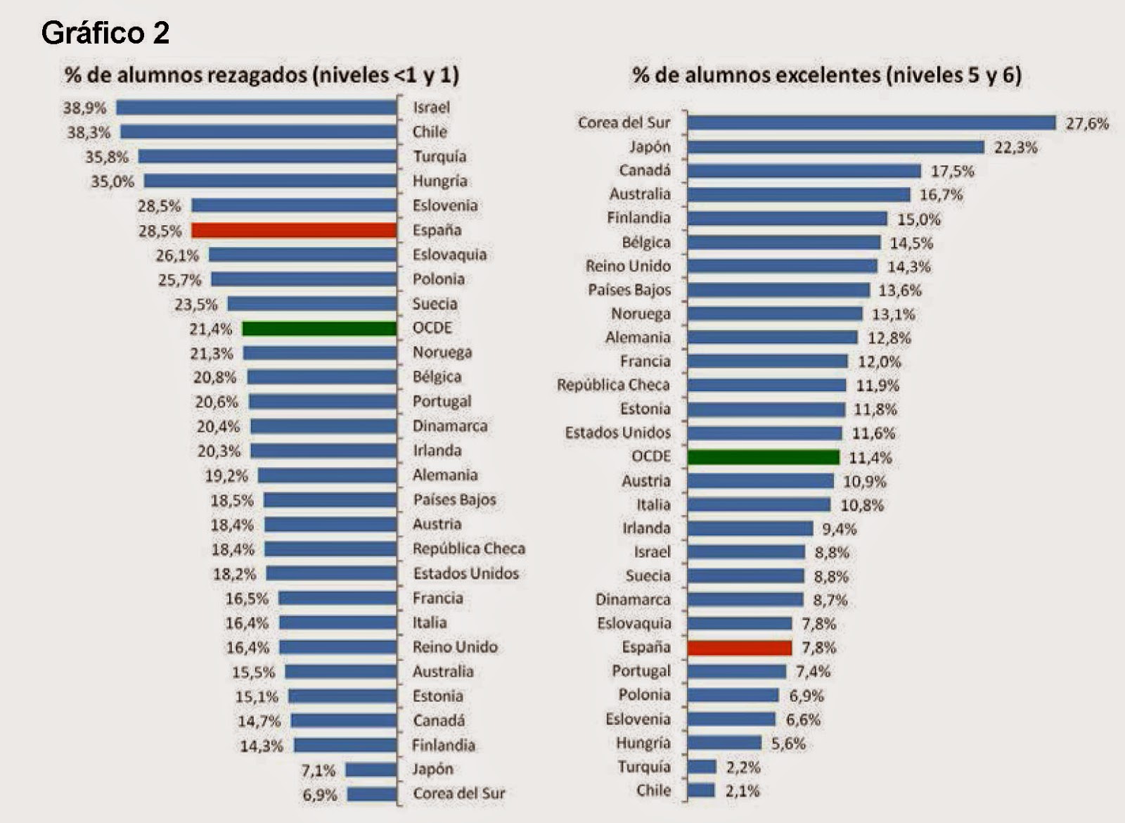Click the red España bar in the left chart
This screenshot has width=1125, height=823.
click(294, 231)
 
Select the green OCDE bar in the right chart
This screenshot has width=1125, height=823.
click(763, 457)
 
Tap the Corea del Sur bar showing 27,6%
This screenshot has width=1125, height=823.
click(871, 123)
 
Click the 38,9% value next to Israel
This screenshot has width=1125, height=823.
click(84, 108)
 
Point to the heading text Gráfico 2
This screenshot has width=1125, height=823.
click(105, 33)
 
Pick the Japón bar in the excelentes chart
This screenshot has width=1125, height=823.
click(835, 147)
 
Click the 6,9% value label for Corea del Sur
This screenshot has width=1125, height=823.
click(319, 795)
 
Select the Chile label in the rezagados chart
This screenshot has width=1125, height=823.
click(430, 132)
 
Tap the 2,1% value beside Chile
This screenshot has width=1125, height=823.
click(742, 791)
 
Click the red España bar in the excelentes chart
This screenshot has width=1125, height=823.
click(739, 648)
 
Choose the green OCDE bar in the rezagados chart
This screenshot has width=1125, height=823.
click(319, 328)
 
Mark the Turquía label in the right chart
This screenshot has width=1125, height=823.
click(644, 767)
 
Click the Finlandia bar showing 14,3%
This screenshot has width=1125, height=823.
click(345, 745)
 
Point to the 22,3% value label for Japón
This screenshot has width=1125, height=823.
click(1015, 148)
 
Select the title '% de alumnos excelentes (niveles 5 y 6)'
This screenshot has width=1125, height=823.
click(827, 75)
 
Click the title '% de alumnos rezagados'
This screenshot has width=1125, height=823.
click(262, 75)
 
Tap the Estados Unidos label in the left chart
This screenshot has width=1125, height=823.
click(465, 573)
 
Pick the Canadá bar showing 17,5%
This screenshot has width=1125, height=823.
click(804, 171)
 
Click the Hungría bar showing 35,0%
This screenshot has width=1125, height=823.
click(270, 181)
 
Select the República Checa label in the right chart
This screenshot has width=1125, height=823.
click(613, 385)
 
